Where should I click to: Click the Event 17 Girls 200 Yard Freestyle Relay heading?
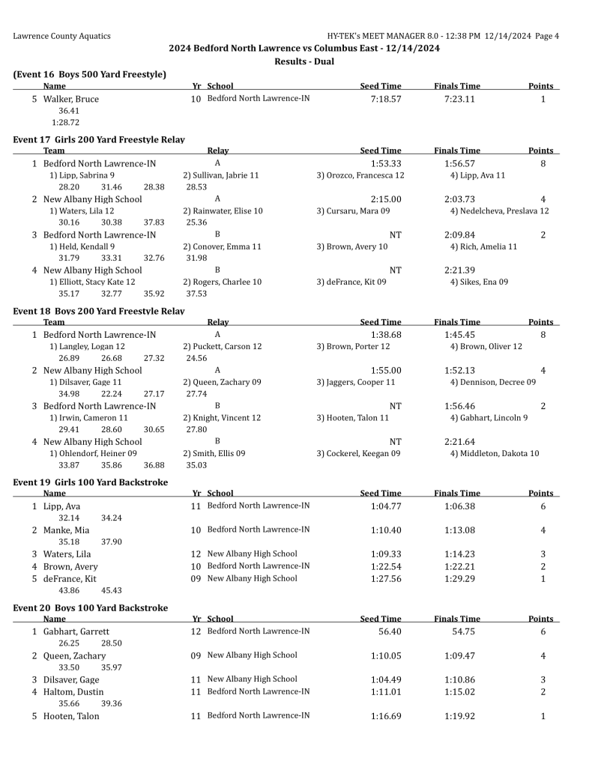[99, 139]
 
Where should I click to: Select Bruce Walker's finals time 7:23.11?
[459, 99]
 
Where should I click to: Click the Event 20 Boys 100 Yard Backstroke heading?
[91, 607]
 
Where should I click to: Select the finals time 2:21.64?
[459, 442]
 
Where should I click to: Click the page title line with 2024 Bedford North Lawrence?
[303, 48]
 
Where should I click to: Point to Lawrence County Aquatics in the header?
[61, 36]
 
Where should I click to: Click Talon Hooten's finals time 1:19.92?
[459, 716]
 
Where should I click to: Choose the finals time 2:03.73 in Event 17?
[459, 199]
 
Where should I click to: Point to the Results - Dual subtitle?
[303, 61]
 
